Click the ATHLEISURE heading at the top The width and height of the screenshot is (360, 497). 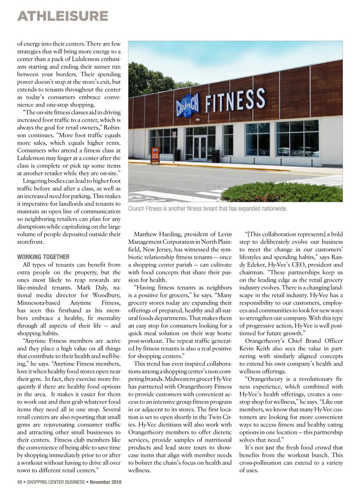pyautogui.click(x=63, y=16)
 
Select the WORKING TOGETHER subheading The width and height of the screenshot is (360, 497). pyautogui.click(x=43, y=257)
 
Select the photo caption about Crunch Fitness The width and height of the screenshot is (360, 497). pyautogui.click(x=208, y=209)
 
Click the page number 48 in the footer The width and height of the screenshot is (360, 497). pyautogui.click(x=20, y=482)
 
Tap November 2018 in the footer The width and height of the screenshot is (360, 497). pyautogui.click(x=106, y=482)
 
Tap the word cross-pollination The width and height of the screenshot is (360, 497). pyautogui.click(x=265, y=463)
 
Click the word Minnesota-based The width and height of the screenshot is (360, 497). pyautogui.click(x=38, y=303)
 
